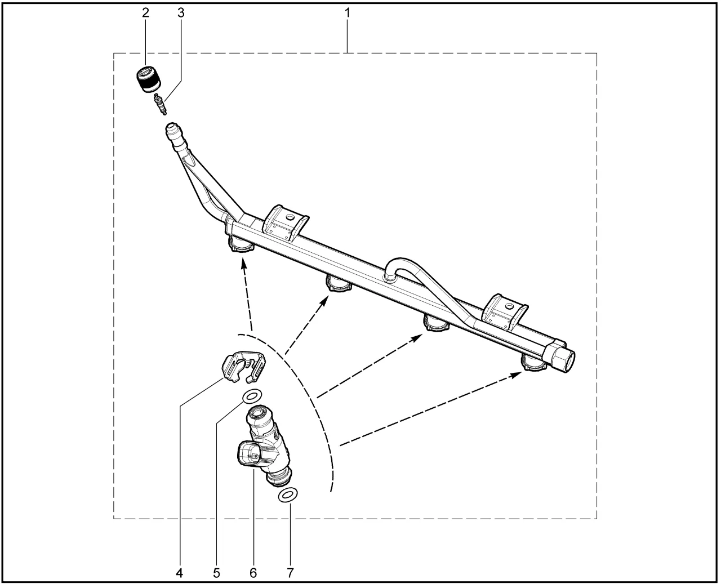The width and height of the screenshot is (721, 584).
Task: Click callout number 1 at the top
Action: click(347, 13)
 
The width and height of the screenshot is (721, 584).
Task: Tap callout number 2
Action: click(145, 13)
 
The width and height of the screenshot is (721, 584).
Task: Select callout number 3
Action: click(181, 13)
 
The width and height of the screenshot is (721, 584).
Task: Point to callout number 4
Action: click(179, 573)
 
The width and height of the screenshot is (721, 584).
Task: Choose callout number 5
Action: click(217, 573)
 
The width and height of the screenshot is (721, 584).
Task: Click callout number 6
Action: click(253, 573)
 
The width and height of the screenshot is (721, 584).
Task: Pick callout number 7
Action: click(290, 573)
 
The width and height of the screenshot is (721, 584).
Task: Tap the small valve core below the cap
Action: click(160, 105)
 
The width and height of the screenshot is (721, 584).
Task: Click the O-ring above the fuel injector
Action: click(252, 395)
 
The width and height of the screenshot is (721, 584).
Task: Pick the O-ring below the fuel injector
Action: click(288, 496)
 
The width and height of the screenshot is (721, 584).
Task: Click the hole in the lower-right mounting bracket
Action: click(509, 306)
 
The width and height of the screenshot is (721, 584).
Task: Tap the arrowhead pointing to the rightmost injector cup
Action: click(517, 374)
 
